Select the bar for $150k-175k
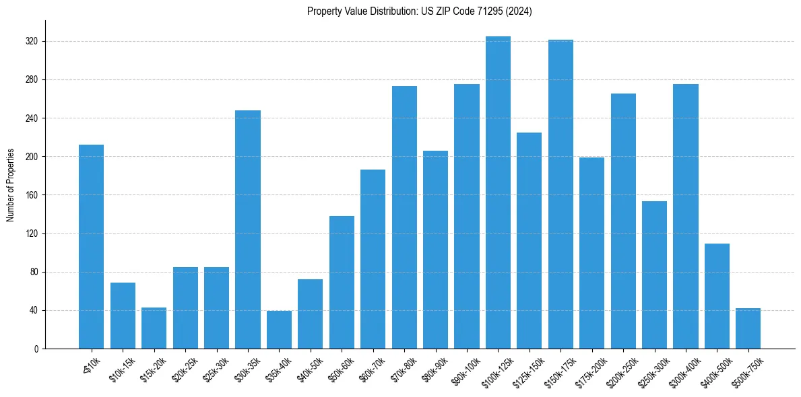click(560, 194)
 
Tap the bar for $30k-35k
click(248, 229)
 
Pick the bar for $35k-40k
click(279, 330)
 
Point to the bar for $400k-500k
click(717, 296)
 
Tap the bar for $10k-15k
click(123, 316)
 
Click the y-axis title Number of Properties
click(10, 185)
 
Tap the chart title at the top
click(419, 11)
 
